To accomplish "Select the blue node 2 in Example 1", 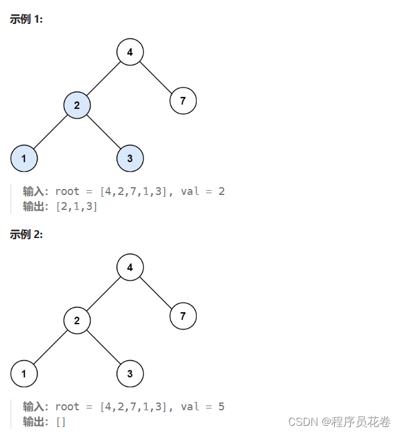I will click(x=77, y=106).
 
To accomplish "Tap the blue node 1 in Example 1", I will click(x=24, y=158).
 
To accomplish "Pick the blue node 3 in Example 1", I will click(x=130, y=158).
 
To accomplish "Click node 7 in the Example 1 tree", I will click(x=183, y=100).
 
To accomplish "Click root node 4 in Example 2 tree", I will click(x=130, y=267).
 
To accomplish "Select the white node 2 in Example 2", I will click(x=77, y=321).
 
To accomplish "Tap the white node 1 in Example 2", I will click(x=24, y=374).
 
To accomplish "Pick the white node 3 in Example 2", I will click(x=130, y=374).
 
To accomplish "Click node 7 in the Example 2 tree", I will click(x=183, y=316).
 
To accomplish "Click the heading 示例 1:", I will click(x=26, y=19).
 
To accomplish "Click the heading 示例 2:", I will click(x=26, y=234).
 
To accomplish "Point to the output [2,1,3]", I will click(x=76, y=207).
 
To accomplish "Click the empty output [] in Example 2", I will click(x=60, y=422).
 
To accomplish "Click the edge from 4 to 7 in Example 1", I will click(x=157, y=77).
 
